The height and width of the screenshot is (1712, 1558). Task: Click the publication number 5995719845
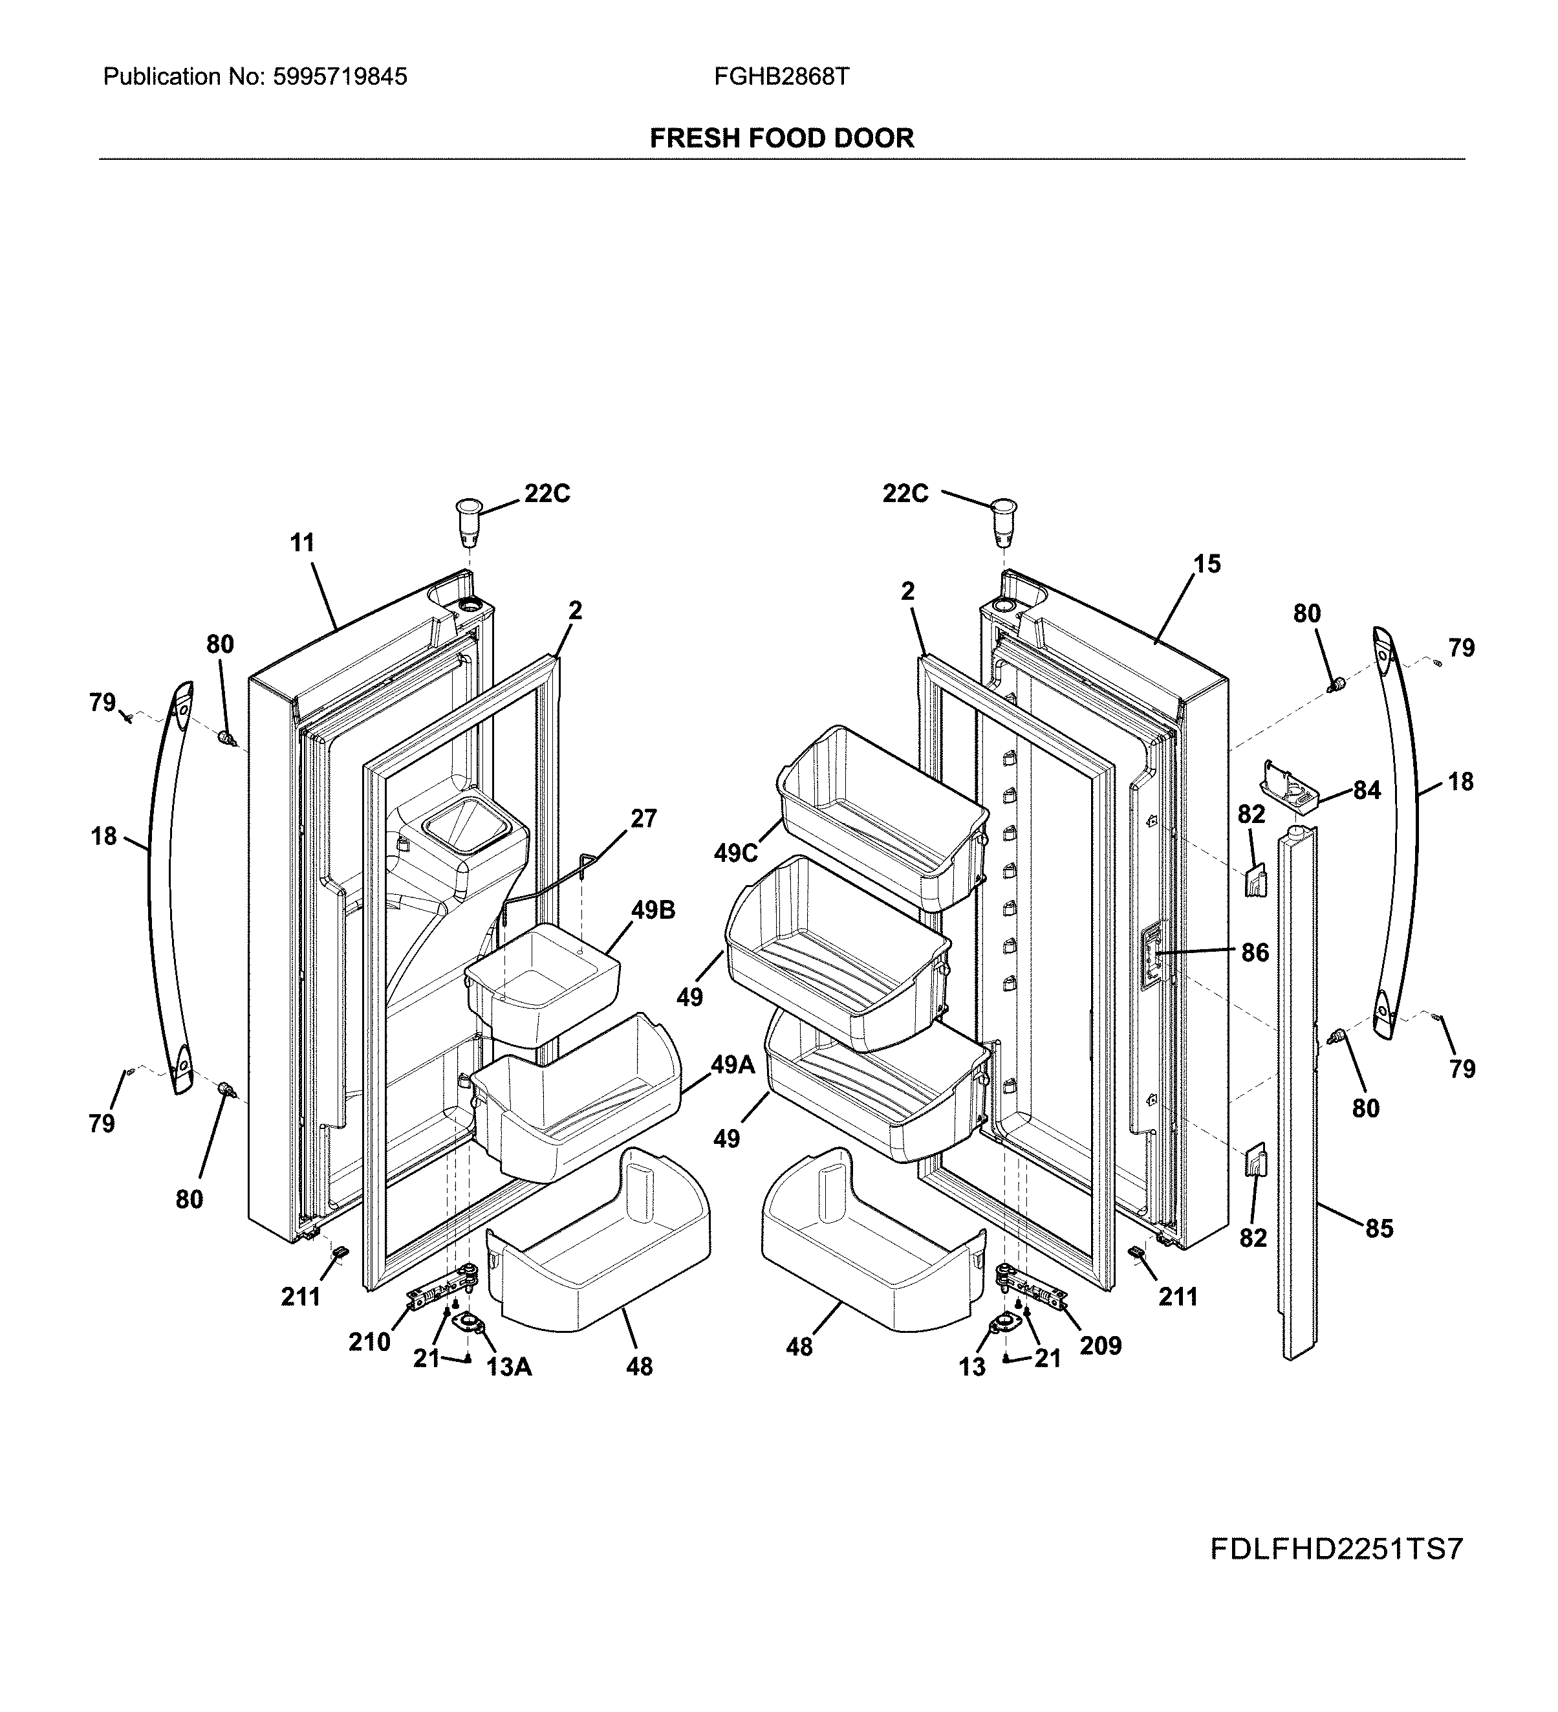click(x=340, y=77)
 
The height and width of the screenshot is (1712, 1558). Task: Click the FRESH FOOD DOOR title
click(x=781, y=138)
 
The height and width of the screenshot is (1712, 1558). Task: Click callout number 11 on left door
click(x=302, y=543)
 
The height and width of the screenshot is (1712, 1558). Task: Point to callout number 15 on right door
click(x=1206, y=564)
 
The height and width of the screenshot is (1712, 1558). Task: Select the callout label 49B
click(x=653, y=910)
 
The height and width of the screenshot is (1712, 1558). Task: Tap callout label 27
click(x=644, y=818)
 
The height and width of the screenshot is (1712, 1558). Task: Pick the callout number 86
click(x=1255, y=953)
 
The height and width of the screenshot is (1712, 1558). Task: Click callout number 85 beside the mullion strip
click(x=1379, y=1228)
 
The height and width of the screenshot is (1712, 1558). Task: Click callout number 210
click(x=369, y=1342)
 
